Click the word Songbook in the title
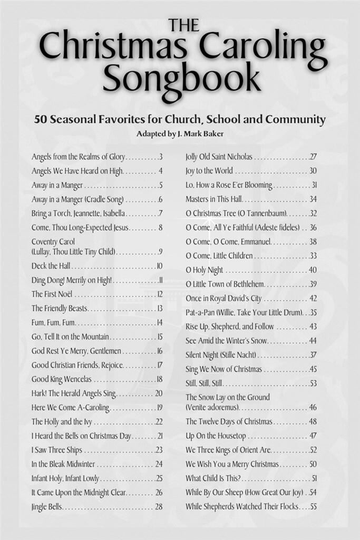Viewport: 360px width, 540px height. [181, 81]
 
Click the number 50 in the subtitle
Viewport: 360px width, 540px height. [42, 119]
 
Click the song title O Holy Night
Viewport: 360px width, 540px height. [205, 270]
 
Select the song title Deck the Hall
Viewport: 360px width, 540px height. [51, 266]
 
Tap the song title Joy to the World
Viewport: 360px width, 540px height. [209, 171]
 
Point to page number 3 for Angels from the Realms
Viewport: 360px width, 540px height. [160, 157]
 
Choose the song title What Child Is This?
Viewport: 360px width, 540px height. [213, 478]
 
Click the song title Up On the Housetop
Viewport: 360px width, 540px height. [216, 436]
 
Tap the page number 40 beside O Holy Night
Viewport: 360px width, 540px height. [313, 270]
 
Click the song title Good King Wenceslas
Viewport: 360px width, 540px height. [61, 379]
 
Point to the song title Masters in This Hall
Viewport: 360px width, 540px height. [213, 199]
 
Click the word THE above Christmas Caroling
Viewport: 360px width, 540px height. [183, 25]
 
